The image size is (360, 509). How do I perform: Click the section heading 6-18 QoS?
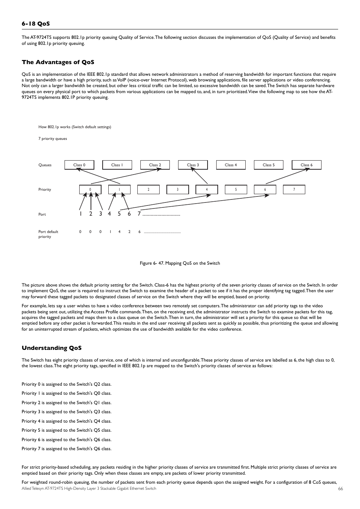click(35, 24)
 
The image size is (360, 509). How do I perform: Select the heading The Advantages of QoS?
click(58, 62)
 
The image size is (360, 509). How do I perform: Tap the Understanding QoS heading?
click(51, 348)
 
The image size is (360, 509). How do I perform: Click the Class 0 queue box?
click(79, 165)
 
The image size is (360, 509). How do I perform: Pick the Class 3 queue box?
click(193, 165)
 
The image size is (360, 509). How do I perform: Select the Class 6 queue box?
click(306, 165)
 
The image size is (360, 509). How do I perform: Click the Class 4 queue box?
click(231, 165)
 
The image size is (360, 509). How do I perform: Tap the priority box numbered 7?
click(294, 190)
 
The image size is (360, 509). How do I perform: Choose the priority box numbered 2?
click(148, 190)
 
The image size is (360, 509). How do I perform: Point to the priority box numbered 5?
click(236, 190)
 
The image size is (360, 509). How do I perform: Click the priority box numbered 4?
click(206, 190)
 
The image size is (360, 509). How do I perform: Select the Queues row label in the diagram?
click(45, 165)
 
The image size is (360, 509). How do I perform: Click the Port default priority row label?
click(48, 234)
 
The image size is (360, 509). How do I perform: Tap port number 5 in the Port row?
click(119, 214)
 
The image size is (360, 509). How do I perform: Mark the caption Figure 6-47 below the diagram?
click(180, 263)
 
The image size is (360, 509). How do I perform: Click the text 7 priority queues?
click(52, 139)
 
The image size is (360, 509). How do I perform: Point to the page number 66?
click(340, 489)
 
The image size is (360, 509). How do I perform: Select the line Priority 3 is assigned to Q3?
click(66, 412)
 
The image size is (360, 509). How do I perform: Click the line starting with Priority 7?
click(66, 449)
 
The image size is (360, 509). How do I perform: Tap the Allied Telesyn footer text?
click(89, 489)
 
